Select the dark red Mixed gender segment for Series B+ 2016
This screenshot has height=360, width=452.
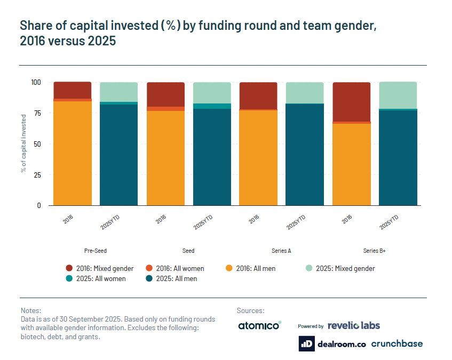tap(351, 102)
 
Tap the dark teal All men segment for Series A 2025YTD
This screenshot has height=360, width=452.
tap(305, 154)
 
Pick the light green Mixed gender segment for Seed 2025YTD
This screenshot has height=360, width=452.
tap(212, 93)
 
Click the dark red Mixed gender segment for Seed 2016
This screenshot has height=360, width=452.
tap(165, 94)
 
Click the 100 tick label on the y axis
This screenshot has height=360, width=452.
tap(35, 83)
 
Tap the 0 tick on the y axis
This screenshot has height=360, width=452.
tap(38, 205)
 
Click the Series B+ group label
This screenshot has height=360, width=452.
tap(375, 251)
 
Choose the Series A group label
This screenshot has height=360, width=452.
tap(281, 251)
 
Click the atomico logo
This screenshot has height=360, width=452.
tap(259, 325)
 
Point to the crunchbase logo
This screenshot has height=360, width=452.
tap(397, 344)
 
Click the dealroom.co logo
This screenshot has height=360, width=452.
tap(332, 344)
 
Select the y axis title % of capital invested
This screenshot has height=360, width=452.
tap(23, 144)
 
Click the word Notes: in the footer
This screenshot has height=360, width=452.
tap(30, 310)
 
